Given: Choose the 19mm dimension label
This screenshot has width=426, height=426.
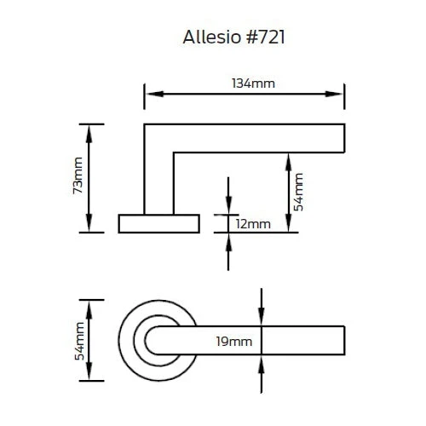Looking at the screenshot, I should click(x=234, y=342).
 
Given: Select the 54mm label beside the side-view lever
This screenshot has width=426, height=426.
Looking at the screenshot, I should click(x=299, y=191).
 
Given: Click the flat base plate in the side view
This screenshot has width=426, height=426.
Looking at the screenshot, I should click(x=158, y=223).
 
